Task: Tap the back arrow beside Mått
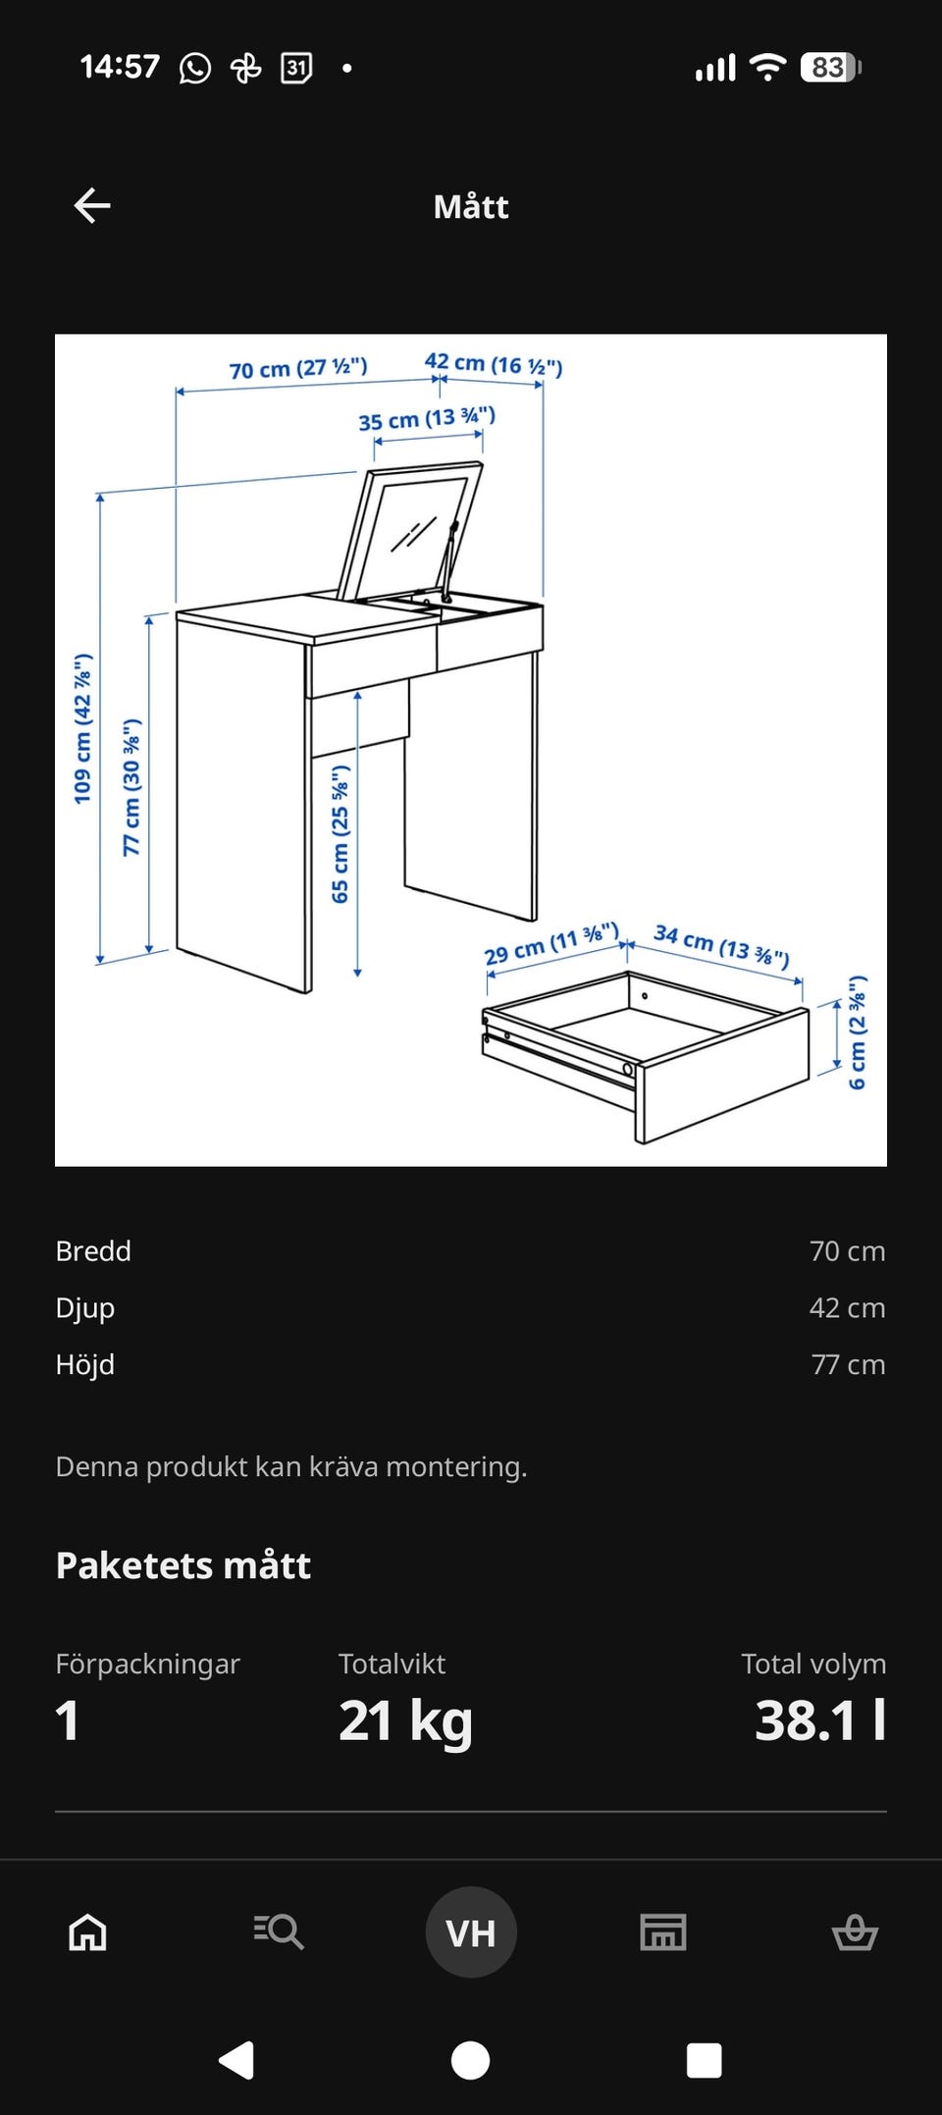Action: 92,205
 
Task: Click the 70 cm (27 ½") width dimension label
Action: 298,368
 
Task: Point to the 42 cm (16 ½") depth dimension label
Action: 494,364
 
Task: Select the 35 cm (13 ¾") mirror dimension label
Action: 427,419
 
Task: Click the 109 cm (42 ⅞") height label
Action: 83,728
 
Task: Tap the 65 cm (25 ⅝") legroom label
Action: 340,834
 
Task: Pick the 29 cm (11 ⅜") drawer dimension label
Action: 551,943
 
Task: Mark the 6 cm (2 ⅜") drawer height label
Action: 857,1032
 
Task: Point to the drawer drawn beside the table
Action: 645,1056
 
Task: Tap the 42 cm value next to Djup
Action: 847,1307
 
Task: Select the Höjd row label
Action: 85,1364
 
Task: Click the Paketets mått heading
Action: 183,1564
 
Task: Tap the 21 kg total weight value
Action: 405,1720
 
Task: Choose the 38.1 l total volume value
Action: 820,1719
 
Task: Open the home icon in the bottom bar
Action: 87,1931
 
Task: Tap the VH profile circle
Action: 471,1931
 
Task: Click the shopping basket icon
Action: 855,1931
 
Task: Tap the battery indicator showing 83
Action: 830,67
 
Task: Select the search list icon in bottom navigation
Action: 279,1931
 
